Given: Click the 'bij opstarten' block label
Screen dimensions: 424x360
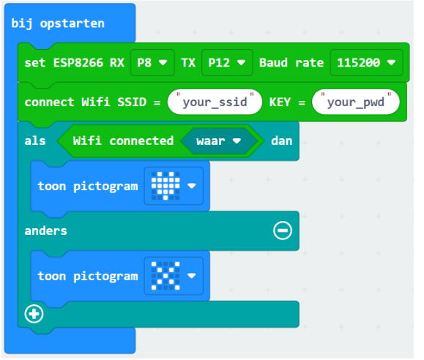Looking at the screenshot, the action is point(58,24).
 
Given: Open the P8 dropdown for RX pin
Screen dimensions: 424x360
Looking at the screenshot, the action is point(152,63).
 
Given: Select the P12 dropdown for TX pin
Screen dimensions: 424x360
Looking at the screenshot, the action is point(227,63).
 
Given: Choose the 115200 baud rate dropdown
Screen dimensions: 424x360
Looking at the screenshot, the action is point(366,63).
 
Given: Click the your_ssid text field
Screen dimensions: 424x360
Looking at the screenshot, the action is point(215,102).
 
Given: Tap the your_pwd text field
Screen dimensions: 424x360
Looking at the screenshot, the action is point(356,102).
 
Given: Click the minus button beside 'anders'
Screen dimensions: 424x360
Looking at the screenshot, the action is point(283,230).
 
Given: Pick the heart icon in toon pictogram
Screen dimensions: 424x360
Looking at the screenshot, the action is point(165,186).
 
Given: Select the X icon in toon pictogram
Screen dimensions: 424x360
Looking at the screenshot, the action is point(165,276).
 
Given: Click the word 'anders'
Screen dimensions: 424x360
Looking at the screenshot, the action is point(45,231).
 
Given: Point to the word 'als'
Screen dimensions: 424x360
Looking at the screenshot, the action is point(35,141).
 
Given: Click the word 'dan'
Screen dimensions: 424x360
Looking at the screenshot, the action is point(282,141).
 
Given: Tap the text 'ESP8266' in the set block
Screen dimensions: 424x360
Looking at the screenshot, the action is point(78,63).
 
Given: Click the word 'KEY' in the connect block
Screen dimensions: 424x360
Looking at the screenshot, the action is point(280,102).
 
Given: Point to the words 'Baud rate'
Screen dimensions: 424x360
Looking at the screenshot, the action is point(291,63).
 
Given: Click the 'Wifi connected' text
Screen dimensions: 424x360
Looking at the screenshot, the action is point(123,141).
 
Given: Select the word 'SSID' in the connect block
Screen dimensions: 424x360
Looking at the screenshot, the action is point(132,102).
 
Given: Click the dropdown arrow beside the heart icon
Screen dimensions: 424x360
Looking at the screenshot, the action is point(192,186).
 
